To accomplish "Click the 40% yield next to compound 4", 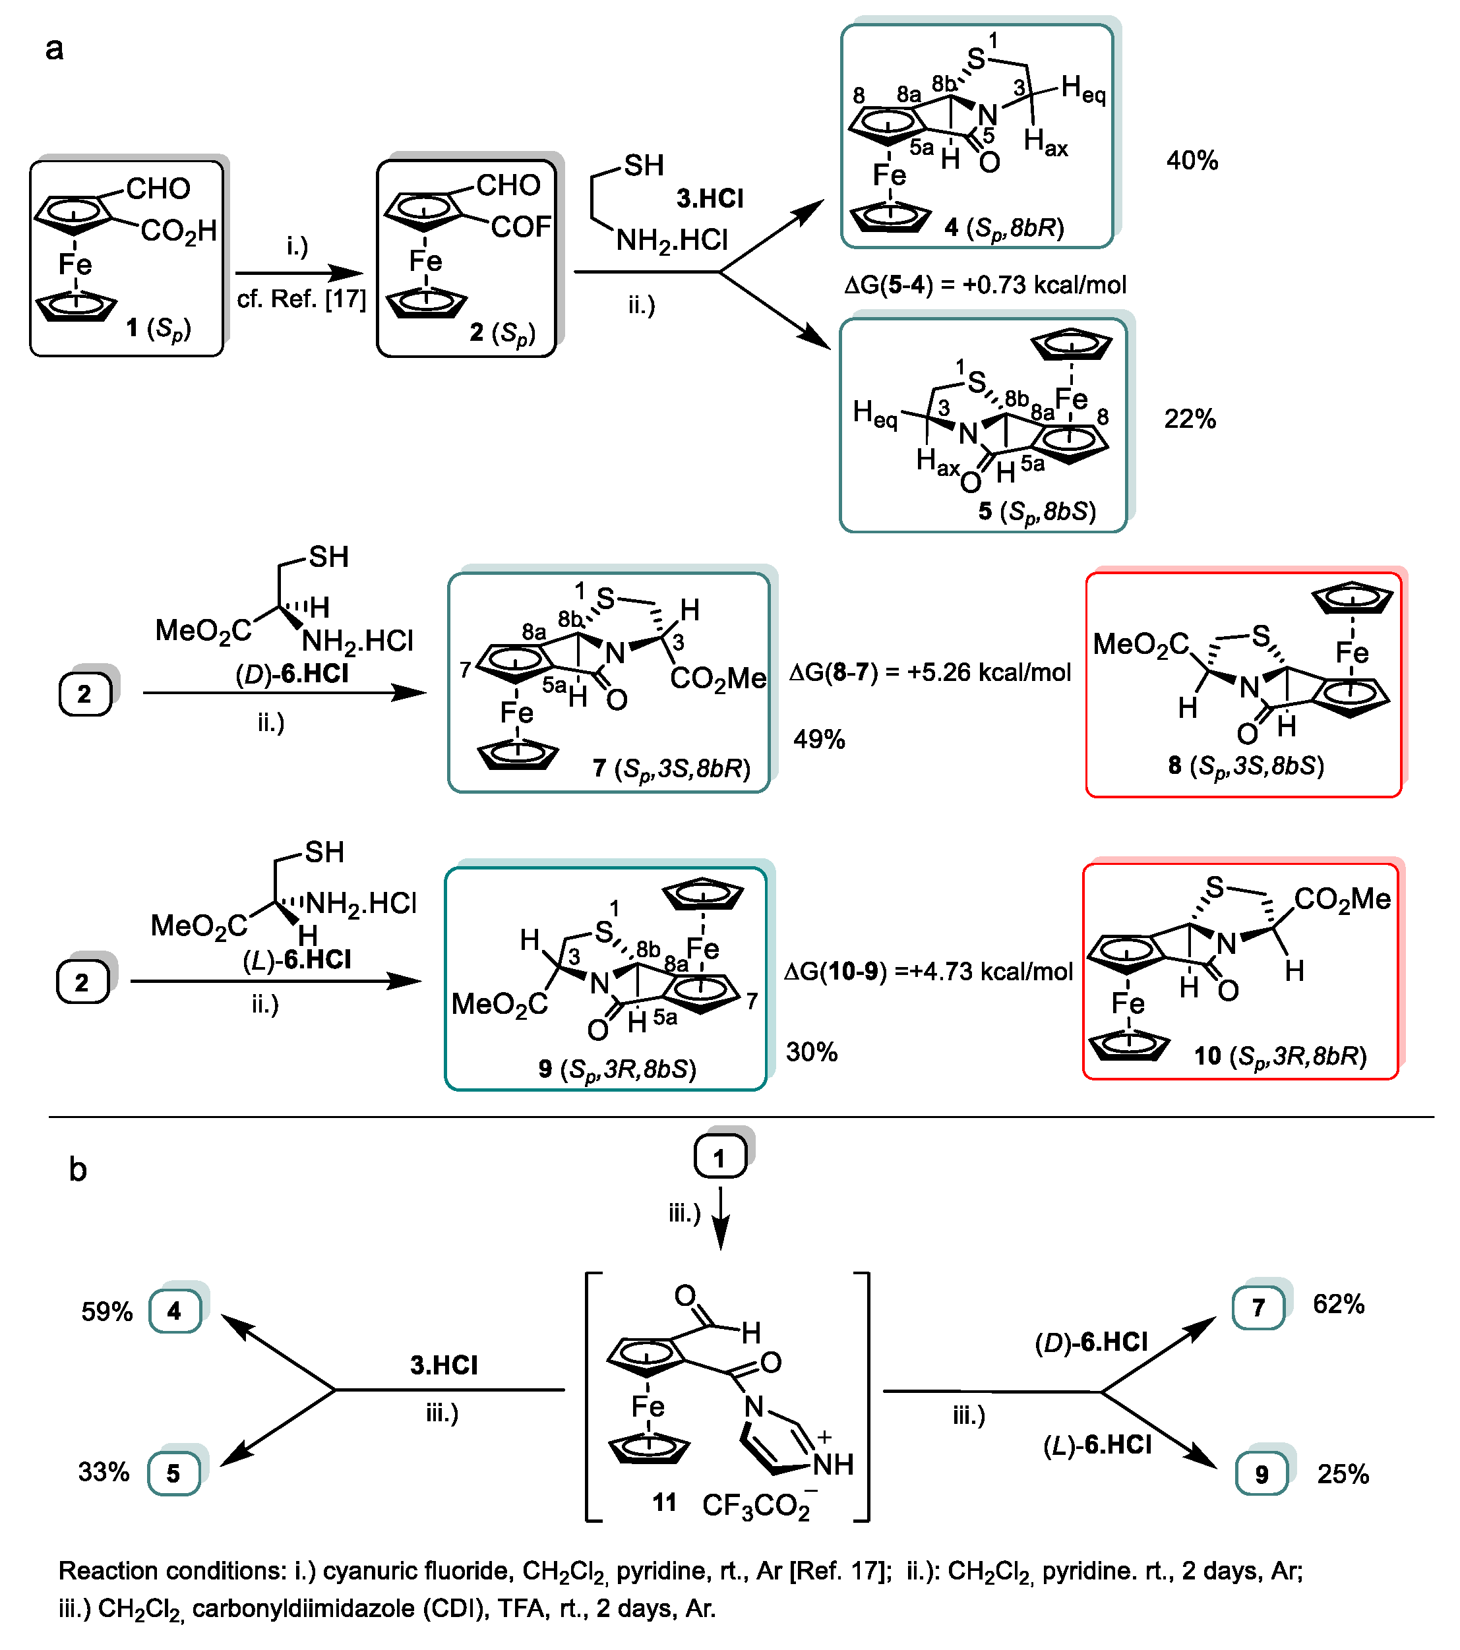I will [x=1191, y=161].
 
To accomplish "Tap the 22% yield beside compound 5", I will [x=1189, y=419].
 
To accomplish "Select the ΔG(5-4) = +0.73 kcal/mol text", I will [x=985, y=285].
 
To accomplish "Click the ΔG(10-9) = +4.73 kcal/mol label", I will [x=928, y=971].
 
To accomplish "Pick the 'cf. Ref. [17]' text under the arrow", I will [x=301, y=299].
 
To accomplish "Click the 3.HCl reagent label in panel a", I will [x=709, y=198].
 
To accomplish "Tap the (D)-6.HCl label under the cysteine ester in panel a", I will [x=291, y=673].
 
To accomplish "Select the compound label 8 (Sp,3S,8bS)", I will [x=1245, y=766].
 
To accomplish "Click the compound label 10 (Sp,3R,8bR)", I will [x=1280, y=1056].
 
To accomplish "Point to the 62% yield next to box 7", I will [x=1338, y=1305].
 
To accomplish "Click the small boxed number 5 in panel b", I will [x=173, y=1473].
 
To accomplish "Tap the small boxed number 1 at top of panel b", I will [x=719, y=1158].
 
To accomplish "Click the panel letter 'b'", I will [x=78, y=1169].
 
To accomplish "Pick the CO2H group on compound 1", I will [x=179, y=231].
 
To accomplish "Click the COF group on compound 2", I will [x=521, y=227].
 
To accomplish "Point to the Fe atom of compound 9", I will [x=702, y=949].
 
